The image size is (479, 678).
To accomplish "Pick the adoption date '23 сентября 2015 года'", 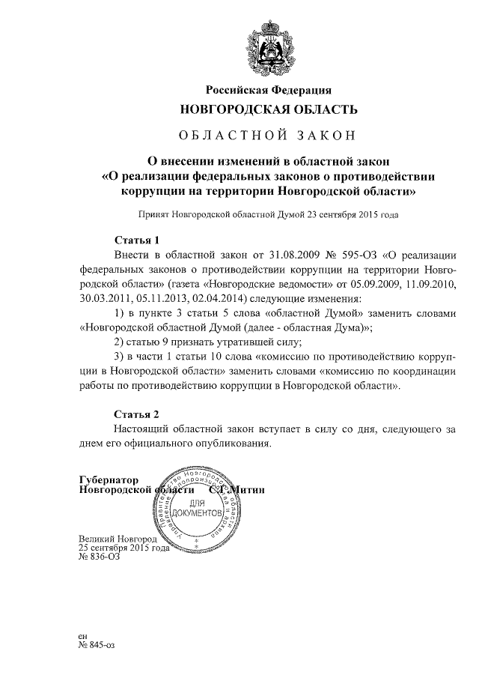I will tap(351, 214).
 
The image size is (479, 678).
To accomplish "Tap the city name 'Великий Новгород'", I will tap(118, 539).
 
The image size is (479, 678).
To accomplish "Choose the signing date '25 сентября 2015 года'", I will tap(123, 548).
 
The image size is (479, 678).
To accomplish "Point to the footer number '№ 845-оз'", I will tap(97, 644).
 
